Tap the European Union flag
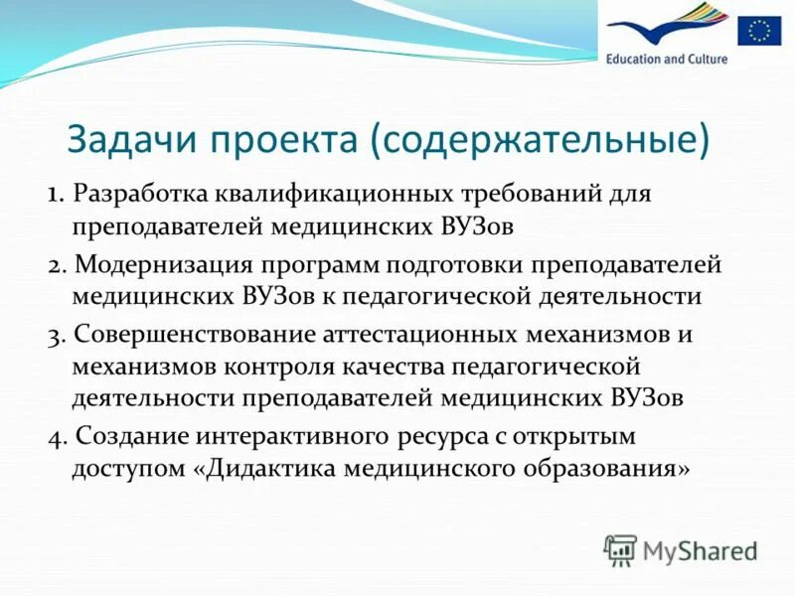click(759, 32)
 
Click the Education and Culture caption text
click(667, 59)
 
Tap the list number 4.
click(55, 436)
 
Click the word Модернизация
click(163, 265)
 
